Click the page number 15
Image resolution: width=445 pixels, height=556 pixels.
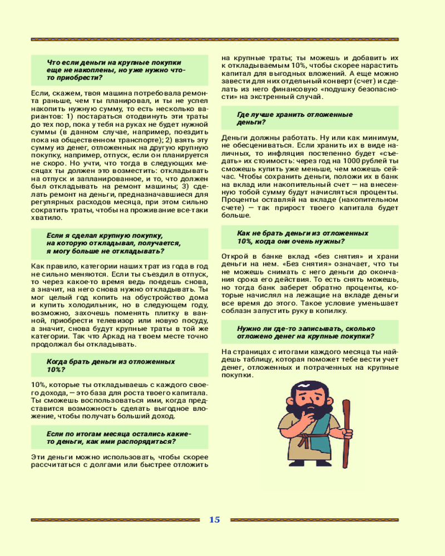[215, 520]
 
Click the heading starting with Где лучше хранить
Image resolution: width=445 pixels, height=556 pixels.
[295, 118]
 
